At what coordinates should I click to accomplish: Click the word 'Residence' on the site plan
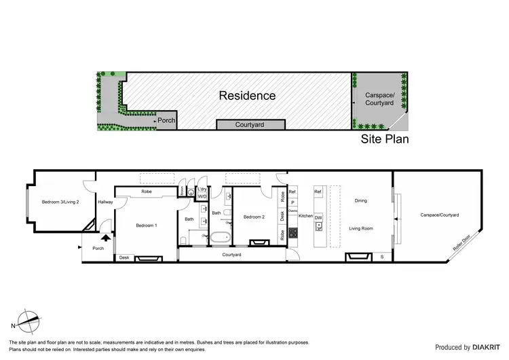247,95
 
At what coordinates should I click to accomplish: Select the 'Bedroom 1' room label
147,225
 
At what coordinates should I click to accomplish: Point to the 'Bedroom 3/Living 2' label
60,202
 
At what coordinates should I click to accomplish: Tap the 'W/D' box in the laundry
202,196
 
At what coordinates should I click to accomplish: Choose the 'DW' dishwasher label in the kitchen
318,218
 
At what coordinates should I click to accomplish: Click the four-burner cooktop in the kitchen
294,233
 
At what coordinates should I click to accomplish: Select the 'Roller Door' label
466,243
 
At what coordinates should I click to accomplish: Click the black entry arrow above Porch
105,237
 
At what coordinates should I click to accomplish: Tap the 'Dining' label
360,201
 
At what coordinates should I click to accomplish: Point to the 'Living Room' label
361,229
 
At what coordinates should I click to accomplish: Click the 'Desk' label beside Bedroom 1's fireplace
124,258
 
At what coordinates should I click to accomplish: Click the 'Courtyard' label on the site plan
250,125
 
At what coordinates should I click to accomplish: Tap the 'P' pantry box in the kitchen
293,202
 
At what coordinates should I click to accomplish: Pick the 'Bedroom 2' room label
254,217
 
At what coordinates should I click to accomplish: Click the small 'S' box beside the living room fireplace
382,257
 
